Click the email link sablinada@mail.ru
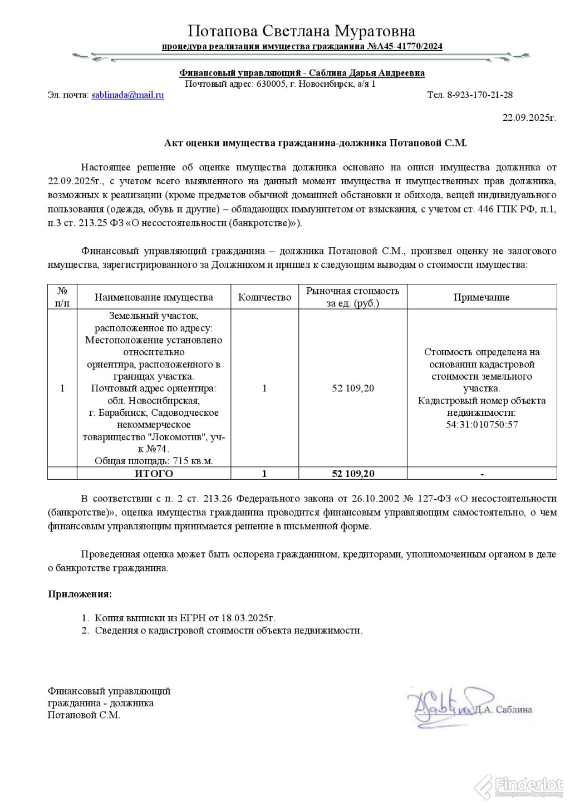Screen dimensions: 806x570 tap(127, 95)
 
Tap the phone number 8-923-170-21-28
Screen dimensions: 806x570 tap(480, 95)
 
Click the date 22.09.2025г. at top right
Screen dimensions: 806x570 tap(529, 117)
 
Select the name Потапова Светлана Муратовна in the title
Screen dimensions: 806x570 tap(302, 31)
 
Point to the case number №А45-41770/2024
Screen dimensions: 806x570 tap(405, 46)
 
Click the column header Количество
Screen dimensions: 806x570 tap(264, 297)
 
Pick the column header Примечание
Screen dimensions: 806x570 tap(481, 297)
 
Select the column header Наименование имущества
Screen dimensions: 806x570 tap(154, 297)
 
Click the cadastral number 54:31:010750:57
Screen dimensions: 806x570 tap(481, 425)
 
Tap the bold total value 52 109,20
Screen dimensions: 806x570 tap(353, 474)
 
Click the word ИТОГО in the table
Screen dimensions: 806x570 tap(154, 474)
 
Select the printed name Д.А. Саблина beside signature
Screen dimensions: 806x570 tap(503, 709)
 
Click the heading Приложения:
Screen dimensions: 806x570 tap(80, 594)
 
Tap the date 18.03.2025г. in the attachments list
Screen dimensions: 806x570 tap(248, 618)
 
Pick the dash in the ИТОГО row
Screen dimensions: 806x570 tap(481, 474)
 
